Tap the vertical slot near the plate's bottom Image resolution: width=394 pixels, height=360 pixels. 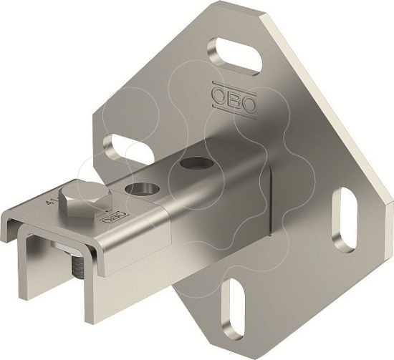[x=237, y=305]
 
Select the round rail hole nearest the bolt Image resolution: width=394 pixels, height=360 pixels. [x=140, y=188]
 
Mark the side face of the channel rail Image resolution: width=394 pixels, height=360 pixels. [x=215, y=215]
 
